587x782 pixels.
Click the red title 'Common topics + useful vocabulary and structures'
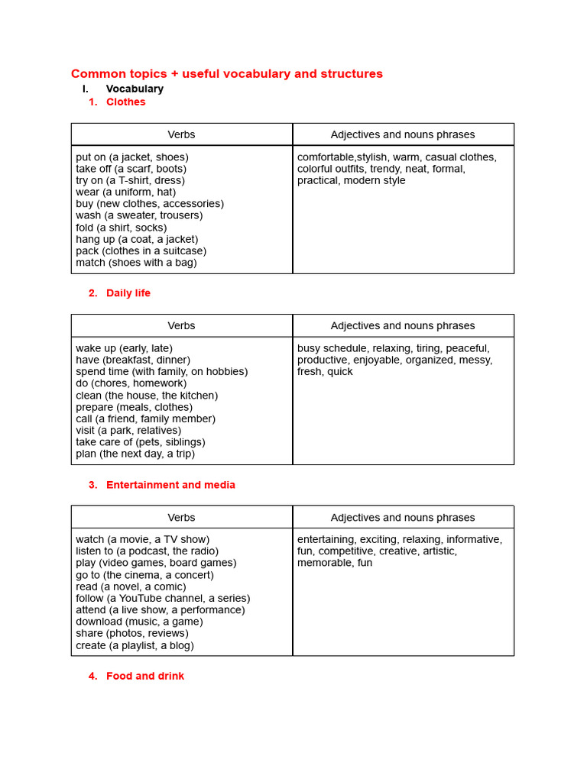point(227,74)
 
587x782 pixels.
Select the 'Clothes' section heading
point(125,102)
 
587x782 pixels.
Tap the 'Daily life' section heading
point(128,293)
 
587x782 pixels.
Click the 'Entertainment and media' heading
point(170,485)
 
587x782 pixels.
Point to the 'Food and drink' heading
point(145,676)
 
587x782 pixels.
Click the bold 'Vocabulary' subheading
point(135,89)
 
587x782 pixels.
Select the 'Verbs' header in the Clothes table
point(181,134)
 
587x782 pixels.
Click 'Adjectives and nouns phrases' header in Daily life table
point(403,325)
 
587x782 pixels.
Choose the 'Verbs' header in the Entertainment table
point(181,517)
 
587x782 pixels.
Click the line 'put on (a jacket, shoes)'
point(132,157)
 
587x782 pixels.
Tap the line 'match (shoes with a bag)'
point(136,263)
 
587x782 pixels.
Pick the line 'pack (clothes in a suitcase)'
point(141,250)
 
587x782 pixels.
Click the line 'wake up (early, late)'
point(125,348)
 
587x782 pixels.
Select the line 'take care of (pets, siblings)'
point(141,442)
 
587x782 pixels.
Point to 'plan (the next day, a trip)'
point(135,454)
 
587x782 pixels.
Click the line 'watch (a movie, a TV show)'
point(142,539)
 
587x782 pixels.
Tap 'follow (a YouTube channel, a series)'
point(163,598)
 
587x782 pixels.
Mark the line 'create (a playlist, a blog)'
point(135,645)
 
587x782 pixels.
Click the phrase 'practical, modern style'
point(352,181)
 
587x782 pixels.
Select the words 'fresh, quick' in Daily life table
point(325,372)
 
